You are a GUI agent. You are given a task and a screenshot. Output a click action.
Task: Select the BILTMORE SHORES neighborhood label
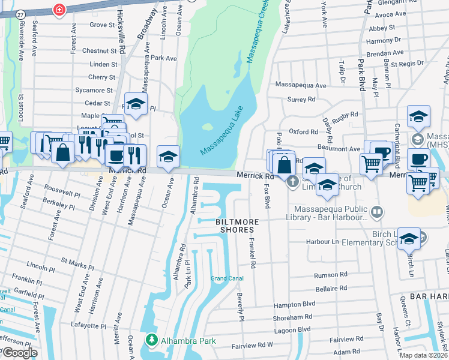coord(238,226)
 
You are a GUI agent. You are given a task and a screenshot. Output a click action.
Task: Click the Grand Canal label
coord(227,278)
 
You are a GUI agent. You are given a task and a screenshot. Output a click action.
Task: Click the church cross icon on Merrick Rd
coord(293,182)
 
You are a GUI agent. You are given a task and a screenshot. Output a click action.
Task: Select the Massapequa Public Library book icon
coord(376,211)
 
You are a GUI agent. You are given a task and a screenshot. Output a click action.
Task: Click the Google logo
coord(19,352)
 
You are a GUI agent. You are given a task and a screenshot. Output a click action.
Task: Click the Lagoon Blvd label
coord(292,329)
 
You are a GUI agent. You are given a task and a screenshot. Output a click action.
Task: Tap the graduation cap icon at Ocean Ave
coord(169,157)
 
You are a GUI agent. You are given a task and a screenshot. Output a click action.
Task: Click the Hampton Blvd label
coord(295,304)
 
